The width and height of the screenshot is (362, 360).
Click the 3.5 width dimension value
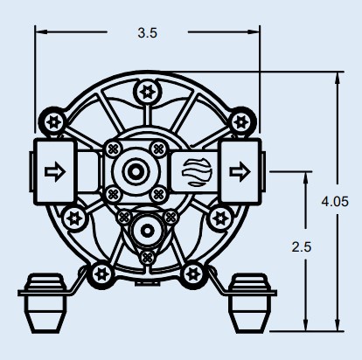[x=148, y=33]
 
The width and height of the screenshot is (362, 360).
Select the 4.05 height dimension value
[x=335, y=202]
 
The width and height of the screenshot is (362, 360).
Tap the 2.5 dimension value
[x=302, y=247]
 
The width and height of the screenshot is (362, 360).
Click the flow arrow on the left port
[x=55, y=172]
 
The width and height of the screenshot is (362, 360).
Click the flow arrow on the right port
[x=240, y=172]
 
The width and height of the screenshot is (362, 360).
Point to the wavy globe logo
[x=196, y=172]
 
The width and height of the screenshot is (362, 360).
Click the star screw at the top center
[x=147, y=92]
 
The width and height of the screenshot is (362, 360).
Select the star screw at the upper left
[x=54, y=121]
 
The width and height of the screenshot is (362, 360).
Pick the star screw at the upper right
[x=241, y=121]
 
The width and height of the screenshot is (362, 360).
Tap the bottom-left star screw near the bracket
[x=101, y=273]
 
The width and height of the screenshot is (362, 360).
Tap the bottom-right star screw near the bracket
[x=193, y=273]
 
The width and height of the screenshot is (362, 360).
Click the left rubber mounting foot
[x=45, y=303]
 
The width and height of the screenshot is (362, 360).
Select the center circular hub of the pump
[x=135, y=172]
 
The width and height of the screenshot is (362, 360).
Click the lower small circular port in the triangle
[x=147, y=231]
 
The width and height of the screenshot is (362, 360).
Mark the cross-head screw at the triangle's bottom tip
[x=147, y=258]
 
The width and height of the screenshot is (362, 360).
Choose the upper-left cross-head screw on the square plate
[x=113, y=149]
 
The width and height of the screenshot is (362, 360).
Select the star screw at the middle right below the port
[x=219, y=218]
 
